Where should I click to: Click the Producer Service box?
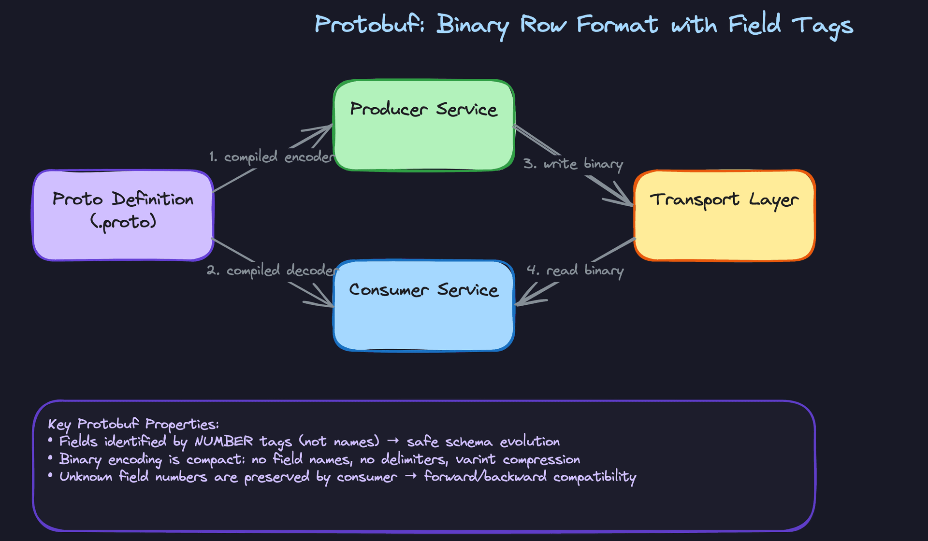[x=423, y=126]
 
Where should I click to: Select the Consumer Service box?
[x=423, y=306]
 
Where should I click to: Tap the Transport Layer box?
[x=724, y=215]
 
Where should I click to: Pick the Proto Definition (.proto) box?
[x=123, y=215]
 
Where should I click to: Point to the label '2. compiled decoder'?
[x=273, y=270]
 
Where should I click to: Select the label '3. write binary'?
[x=573, y=164]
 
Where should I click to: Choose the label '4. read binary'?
[x=575, y=270]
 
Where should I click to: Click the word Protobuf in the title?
[x=369, y=24]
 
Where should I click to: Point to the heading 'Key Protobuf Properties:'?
[x=133, y=424]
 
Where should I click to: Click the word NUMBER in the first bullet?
[x=223, y=441]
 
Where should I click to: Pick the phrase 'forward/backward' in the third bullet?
[x=485, y=477]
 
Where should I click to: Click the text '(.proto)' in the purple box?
[x=123, y=222]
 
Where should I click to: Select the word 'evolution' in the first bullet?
[x=530, y=441]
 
